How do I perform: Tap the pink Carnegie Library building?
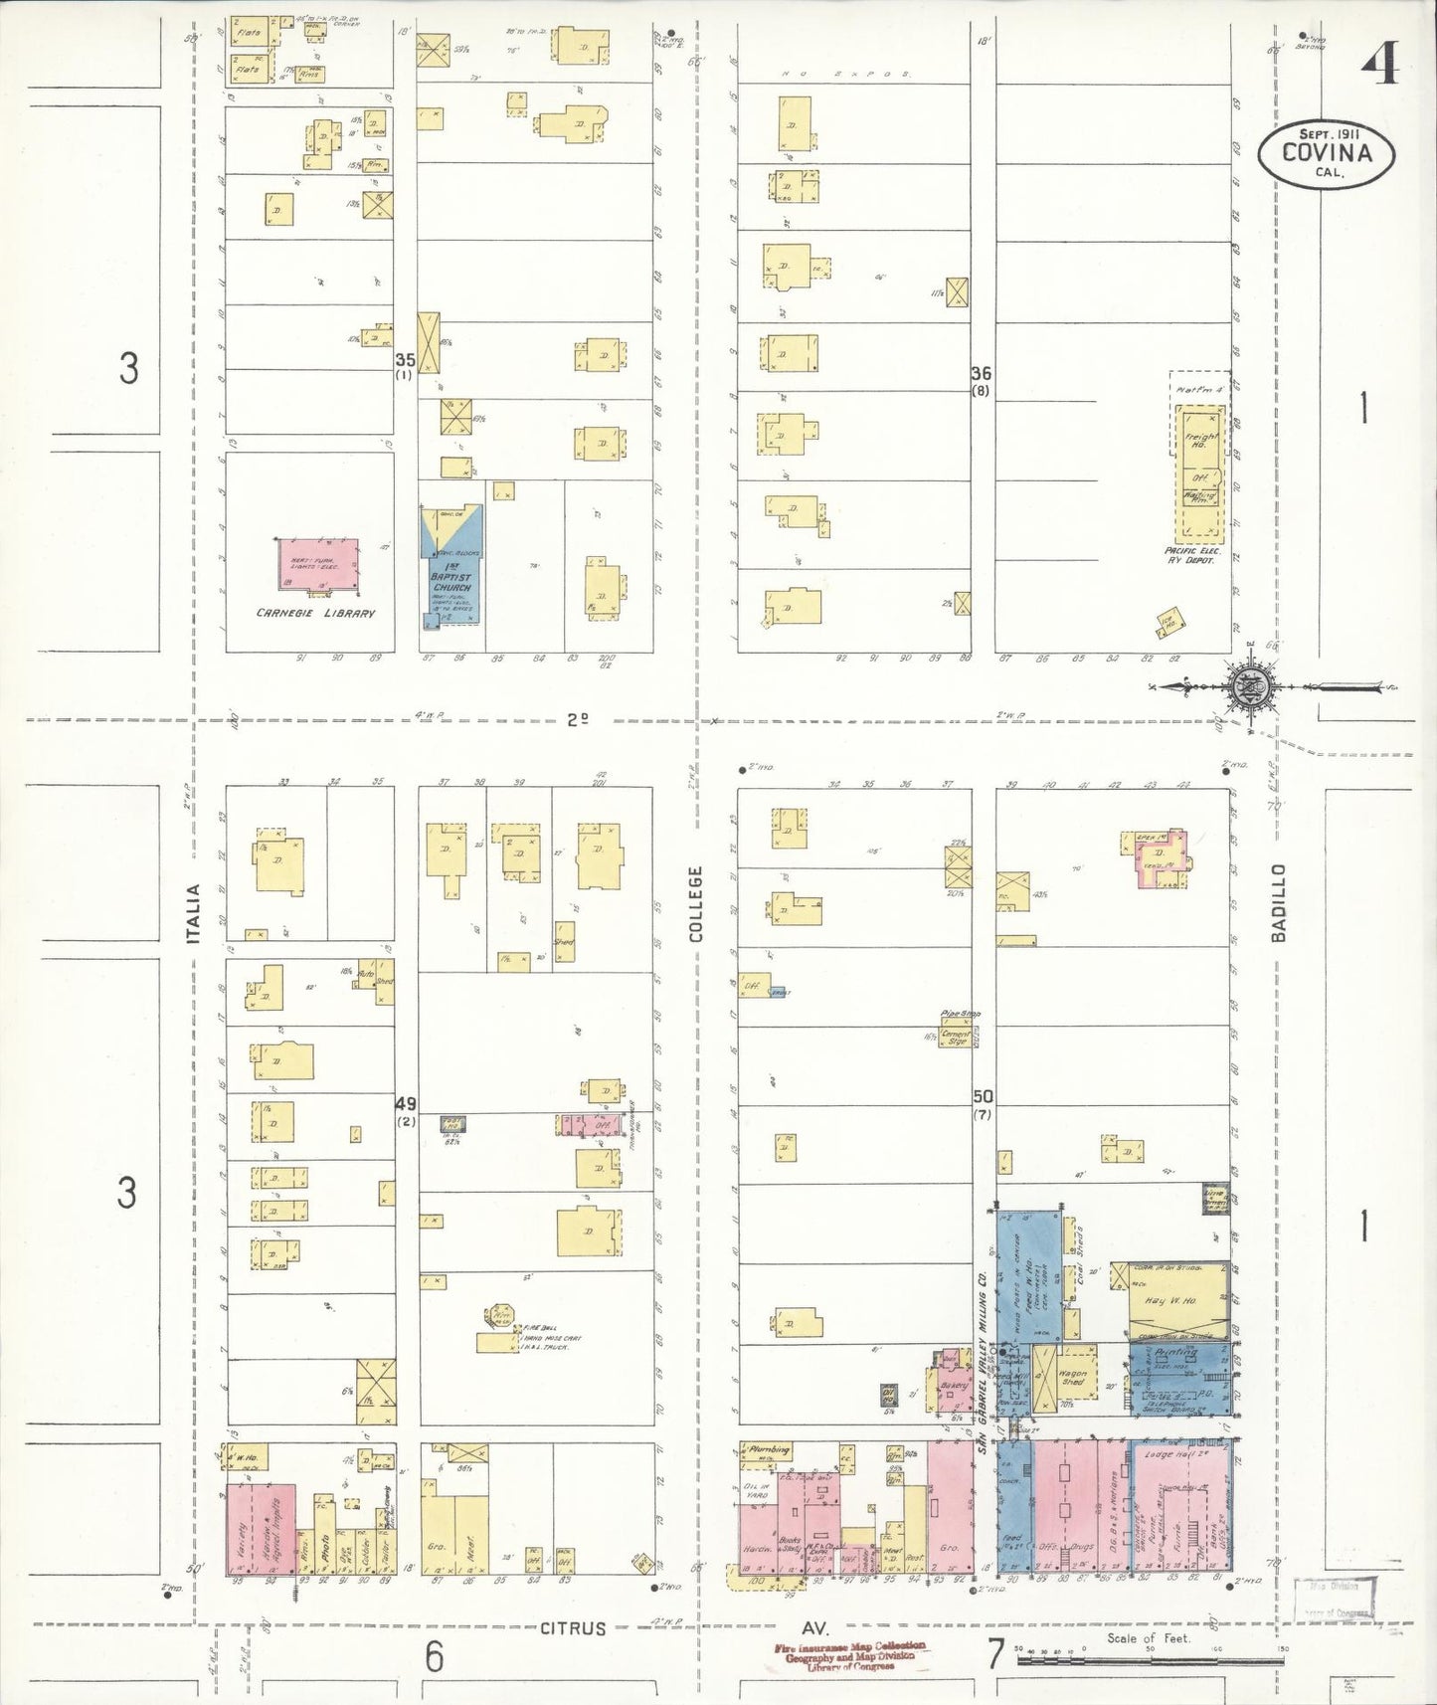pos(317,565)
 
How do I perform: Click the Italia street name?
pos(196,914)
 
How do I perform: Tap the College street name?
pos(695,903)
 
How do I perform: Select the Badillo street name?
pos(1279,902)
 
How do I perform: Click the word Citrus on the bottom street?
pos(573,1628)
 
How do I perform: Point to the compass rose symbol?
pos(1243,686)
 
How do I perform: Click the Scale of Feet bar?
pos(1149,1659)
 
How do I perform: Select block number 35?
pos(405,360)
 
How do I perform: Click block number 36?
pos(981,374)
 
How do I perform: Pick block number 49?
pos(406,1104)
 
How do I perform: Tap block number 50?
pos(983,1096)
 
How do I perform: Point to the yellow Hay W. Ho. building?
pos(1178,1300)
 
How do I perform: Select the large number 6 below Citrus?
pos(435,1656)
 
